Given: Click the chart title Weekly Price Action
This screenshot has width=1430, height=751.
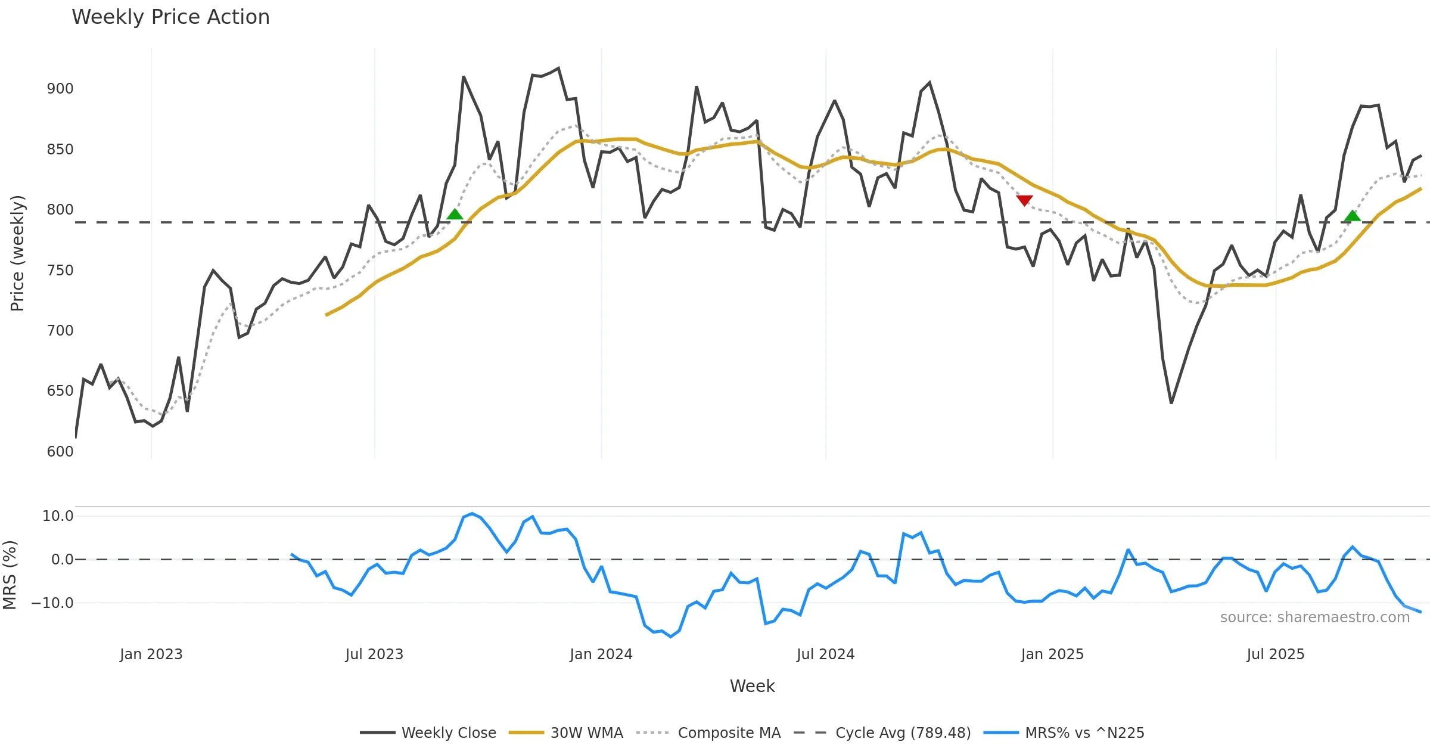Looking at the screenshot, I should coord(170,17).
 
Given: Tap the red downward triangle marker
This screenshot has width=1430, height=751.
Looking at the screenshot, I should coord(1024,200).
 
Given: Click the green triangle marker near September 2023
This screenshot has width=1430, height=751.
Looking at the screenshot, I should coord(455,215).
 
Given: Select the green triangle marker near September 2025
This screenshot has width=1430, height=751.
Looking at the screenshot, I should coord(1353,215).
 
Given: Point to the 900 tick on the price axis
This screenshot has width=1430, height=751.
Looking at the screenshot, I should coord(60,89).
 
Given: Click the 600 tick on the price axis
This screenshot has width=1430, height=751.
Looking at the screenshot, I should coord(60,452).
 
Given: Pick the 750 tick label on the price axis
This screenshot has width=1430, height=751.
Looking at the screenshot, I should coord(60,271).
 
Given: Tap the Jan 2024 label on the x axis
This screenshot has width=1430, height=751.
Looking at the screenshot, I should coord(601,654).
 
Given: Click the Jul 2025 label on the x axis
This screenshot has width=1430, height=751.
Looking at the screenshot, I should coord(1275,654).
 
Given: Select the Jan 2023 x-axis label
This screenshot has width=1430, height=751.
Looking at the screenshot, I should coord(151,654).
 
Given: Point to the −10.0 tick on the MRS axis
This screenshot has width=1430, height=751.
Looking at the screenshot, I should coord(52,603).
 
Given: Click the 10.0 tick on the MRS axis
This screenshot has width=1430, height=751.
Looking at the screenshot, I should coord(58,516).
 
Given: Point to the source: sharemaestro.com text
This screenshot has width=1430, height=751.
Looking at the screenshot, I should coord(1314,617).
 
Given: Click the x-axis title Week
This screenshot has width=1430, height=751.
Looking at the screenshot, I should coord(752,687).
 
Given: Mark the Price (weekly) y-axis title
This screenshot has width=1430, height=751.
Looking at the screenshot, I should coord(17,253).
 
